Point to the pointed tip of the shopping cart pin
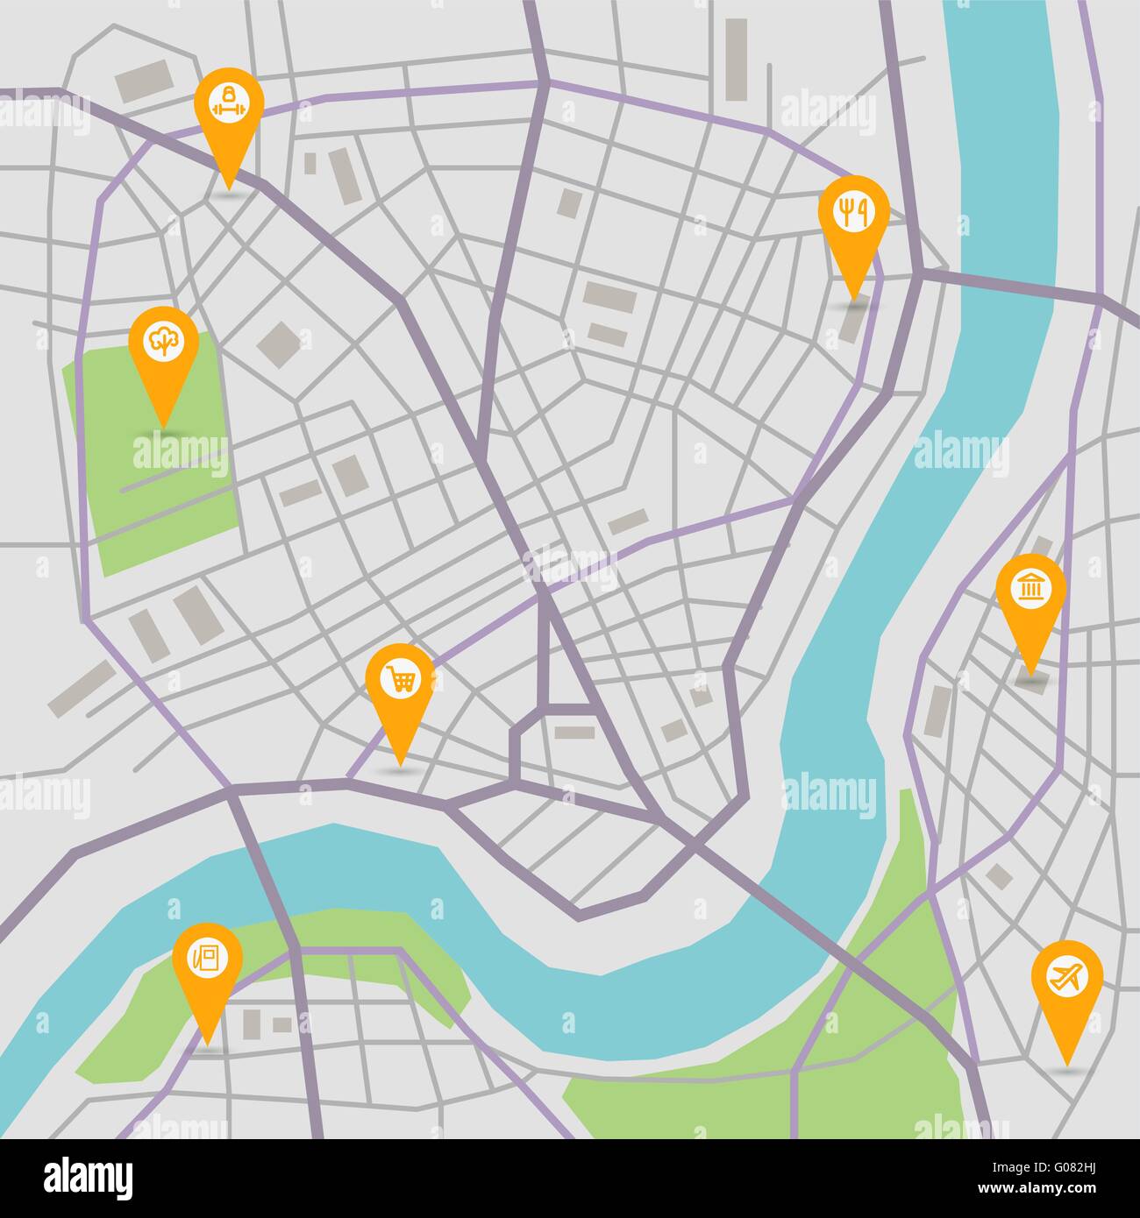coord(400,765)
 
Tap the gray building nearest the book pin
coord(252,1024)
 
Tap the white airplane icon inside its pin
coord(1066,976)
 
